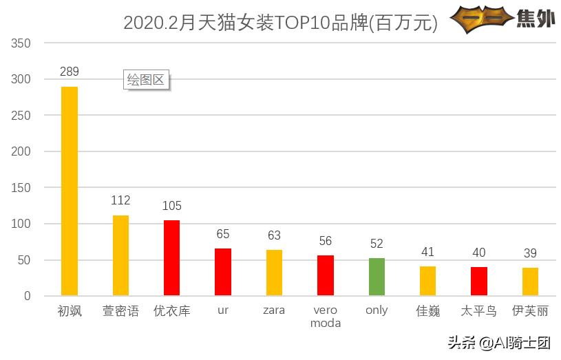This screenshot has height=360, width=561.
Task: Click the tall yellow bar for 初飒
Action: [x=70, y=191]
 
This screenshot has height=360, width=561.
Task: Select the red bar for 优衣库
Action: [x=171, y=258]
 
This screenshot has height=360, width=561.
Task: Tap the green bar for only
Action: [x=377, y=277]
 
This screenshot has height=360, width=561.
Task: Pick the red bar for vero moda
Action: [x=326, y=275]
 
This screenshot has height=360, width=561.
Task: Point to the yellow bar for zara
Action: [x=274, y=273]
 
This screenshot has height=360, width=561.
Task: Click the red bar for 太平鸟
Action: [x=479, y=281]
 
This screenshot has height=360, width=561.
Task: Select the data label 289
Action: [x=70, y=72]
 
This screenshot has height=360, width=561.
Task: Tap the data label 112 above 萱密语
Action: [x=120, y=200]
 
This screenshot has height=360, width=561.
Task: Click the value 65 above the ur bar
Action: [x=223, y=234]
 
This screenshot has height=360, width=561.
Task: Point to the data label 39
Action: [x=530, y=253]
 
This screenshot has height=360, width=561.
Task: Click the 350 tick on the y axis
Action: [x=22, y=43]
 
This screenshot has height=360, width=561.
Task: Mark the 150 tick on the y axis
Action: [x=22, y=188]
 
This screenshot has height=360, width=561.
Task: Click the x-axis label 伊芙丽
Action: [x=530, y=311]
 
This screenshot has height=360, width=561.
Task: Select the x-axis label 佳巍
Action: [x=428, y=311]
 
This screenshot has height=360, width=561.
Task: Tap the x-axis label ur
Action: [x=223, y=311]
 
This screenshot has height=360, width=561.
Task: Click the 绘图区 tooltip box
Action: [x=147, y=80]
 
